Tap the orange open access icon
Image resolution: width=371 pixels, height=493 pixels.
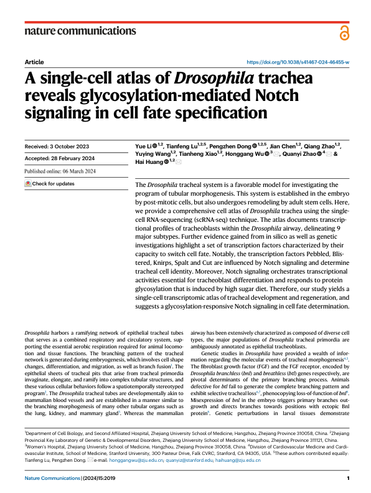pos(344,34)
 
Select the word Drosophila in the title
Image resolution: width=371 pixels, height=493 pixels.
pos(210,80)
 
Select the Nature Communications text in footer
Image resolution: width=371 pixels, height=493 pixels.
pos(50,477)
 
